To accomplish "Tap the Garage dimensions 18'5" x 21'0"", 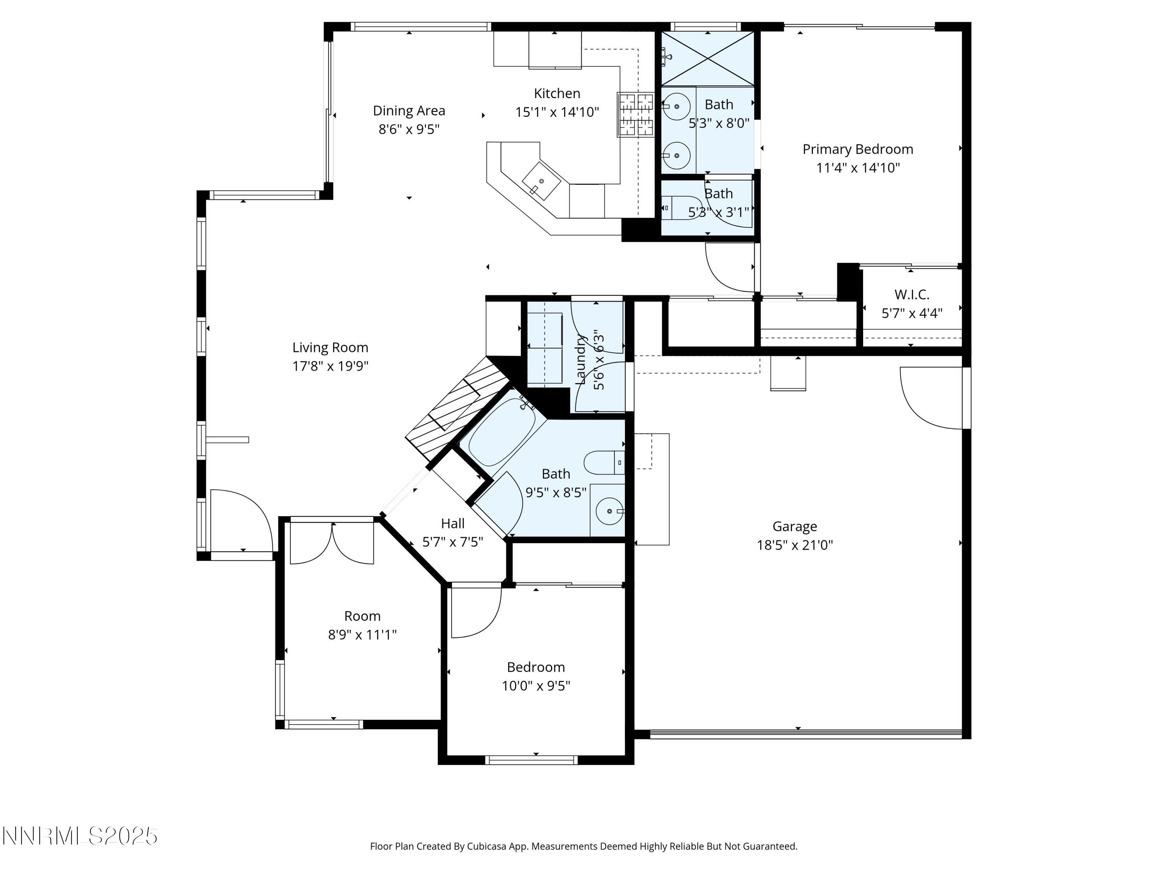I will coord(794,545).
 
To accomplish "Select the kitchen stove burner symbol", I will coord(636,114).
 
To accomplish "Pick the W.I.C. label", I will coord(911,295).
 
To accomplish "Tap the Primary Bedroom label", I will coord(858,150).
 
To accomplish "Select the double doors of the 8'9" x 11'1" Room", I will coord(332,544).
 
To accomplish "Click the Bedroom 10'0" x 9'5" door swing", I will coord(475,612).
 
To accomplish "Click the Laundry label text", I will coord(580,359).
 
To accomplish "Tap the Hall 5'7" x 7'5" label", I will coord(452,524).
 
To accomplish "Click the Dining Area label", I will coord(409,111).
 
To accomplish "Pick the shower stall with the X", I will coord(707,59).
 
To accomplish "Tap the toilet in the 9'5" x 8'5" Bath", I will coord(603,463).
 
